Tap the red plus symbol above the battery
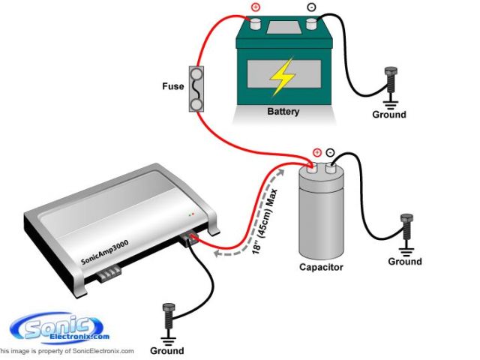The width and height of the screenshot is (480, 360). point(254,9)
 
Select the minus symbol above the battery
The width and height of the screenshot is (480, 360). point(311,9)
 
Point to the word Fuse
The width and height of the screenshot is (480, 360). point(172,86)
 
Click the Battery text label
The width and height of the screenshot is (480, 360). point(283,112)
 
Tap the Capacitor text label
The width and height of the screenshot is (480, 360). point(322,267)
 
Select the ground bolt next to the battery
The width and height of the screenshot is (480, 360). point(389,81)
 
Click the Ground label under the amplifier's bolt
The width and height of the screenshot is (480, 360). point(166,350)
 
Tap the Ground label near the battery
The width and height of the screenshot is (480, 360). point(389,115)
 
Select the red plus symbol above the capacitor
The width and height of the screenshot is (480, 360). point(316,152)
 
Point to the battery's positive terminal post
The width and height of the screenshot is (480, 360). point(255,22)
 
